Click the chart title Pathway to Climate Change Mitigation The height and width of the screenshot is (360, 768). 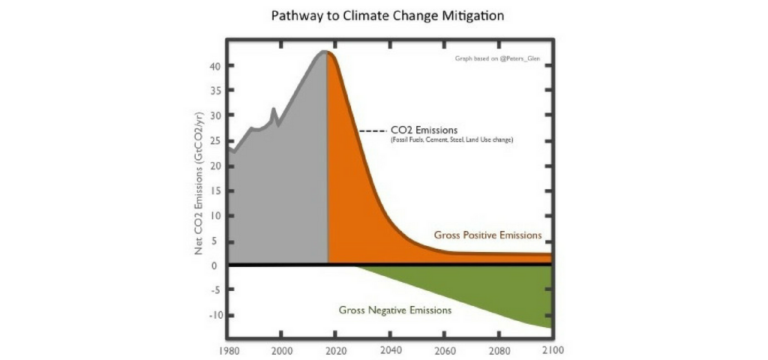tap(383, 15)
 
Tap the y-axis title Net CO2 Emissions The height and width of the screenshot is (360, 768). tap(199, 183)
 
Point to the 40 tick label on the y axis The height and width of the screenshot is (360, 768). tap(214, 66)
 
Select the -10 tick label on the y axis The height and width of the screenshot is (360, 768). tap(212, 315)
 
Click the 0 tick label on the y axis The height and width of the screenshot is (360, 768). tap(214, 265)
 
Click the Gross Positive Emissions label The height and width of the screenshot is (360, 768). tap(487, 235)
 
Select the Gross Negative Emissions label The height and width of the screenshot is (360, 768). tap(394, 309)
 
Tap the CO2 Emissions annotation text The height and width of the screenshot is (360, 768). tap(424, 130)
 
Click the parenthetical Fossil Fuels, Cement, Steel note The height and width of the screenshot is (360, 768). tap(451, 140)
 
